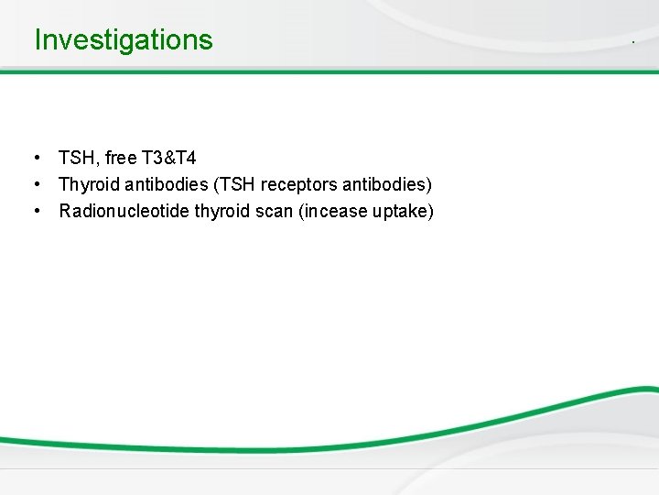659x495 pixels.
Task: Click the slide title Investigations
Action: click(123, 40)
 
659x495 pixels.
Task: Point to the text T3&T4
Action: click(169, 159)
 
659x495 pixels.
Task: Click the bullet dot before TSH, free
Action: click(35, 159)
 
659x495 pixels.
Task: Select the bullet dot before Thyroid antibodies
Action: click(35, 185)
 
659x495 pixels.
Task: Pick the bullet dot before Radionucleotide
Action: click(35, 212)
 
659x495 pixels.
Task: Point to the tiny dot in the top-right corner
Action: click(632, 43)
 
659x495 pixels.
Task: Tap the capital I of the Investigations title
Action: click(38, 40)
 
